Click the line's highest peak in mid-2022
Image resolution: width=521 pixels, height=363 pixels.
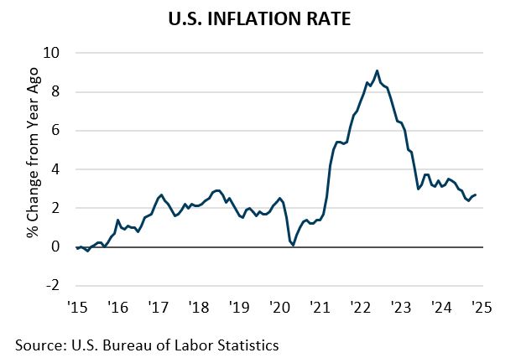coord(377,70)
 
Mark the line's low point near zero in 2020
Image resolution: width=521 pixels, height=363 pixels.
coord(294,245)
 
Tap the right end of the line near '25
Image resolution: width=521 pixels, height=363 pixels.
coord(476,194)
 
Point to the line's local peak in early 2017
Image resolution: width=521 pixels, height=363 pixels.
coord(161,194)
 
